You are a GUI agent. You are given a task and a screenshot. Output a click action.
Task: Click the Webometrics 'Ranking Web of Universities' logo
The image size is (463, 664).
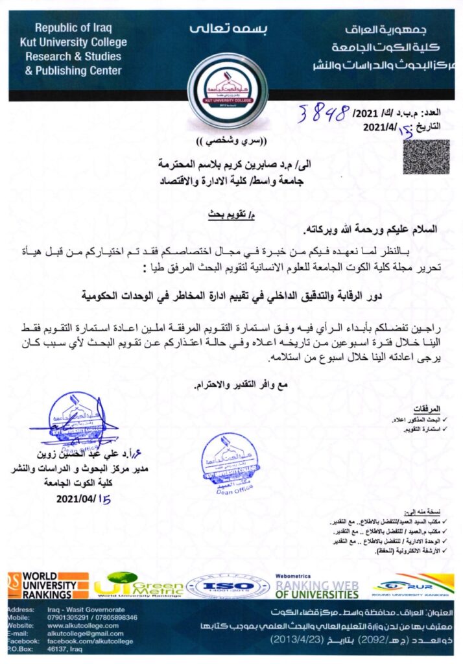pos(316,586)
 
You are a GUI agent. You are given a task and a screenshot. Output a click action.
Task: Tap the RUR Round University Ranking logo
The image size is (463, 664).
pos(412,586)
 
